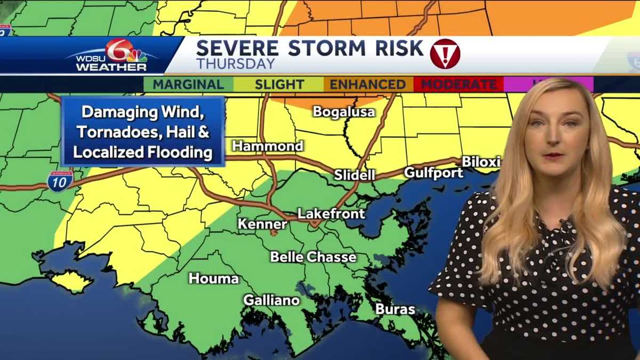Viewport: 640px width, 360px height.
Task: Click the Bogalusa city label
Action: (344, 112)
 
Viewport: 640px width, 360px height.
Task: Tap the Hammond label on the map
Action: (268, 146)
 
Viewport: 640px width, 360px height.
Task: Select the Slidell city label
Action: (355, 175)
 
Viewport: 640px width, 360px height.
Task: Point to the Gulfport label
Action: (433, 173)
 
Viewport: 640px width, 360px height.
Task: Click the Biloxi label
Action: (481, 162)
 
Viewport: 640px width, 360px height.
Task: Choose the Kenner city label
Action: (262, 224)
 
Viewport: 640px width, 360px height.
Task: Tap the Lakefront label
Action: (331, 214)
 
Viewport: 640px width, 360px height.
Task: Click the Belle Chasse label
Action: (313, 257)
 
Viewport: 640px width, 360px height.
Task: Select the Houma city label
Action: (214, 278)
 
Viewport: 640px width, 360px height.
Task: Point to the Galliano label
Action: (271, 300)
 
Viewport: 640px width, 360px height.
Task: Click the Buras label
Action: (395, 309)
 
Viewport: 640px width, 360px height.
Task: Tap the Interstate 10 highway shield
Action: (60, 181)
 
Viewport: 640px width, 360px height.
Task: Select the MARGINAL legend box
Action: (188, 84)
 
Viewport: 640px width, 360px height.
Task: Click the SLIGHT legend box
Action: (279, 84)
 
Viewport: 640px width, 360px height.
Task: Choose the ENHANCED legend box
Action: (367, 84)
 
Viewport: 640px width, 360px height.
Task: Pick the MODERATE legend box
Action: (459, 84)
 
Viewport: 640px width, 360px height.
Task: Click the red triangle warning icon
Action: (445, 54)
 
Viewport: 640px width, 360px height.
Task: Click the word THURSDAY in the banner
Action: (236, 64)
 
